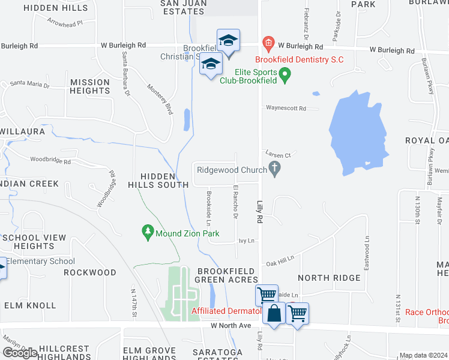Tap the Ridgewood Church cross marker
[x=275, y=170]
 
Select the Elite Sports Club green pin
[x=286, y=75]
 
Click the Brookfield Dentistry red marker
[x=268, y=43]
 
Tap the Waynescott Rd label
[x=286, y=109]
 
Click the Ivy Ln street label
[x=247, y=241]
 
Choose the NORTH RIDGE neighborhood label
[x=330, y=278]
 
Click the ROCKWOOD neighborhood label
[x=90, y=272]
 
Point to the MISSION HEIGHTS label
[x=90, y=86]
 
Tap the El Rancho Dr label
[x=234, y=202]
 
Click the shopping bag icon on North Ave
[x=274, y=314]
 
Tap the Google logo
[x=19, y=353]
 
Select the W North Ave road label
[x=231, y=325]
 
